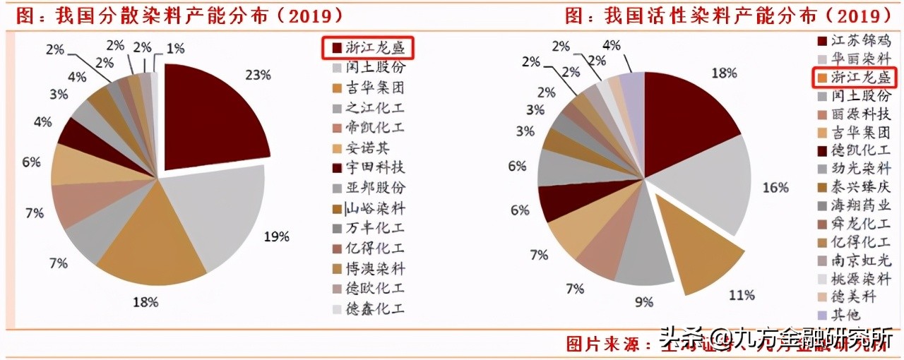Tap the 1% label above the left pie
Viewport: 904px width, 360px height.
click(x=175, y=49)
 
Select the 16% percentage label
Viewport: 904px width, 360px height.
click(x=775, y=187)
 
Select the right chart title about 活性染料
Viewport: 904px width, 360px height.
click(x=727, y=15)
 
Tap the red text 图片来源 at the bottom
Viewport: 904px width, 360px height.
click(x=607, y=344)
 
